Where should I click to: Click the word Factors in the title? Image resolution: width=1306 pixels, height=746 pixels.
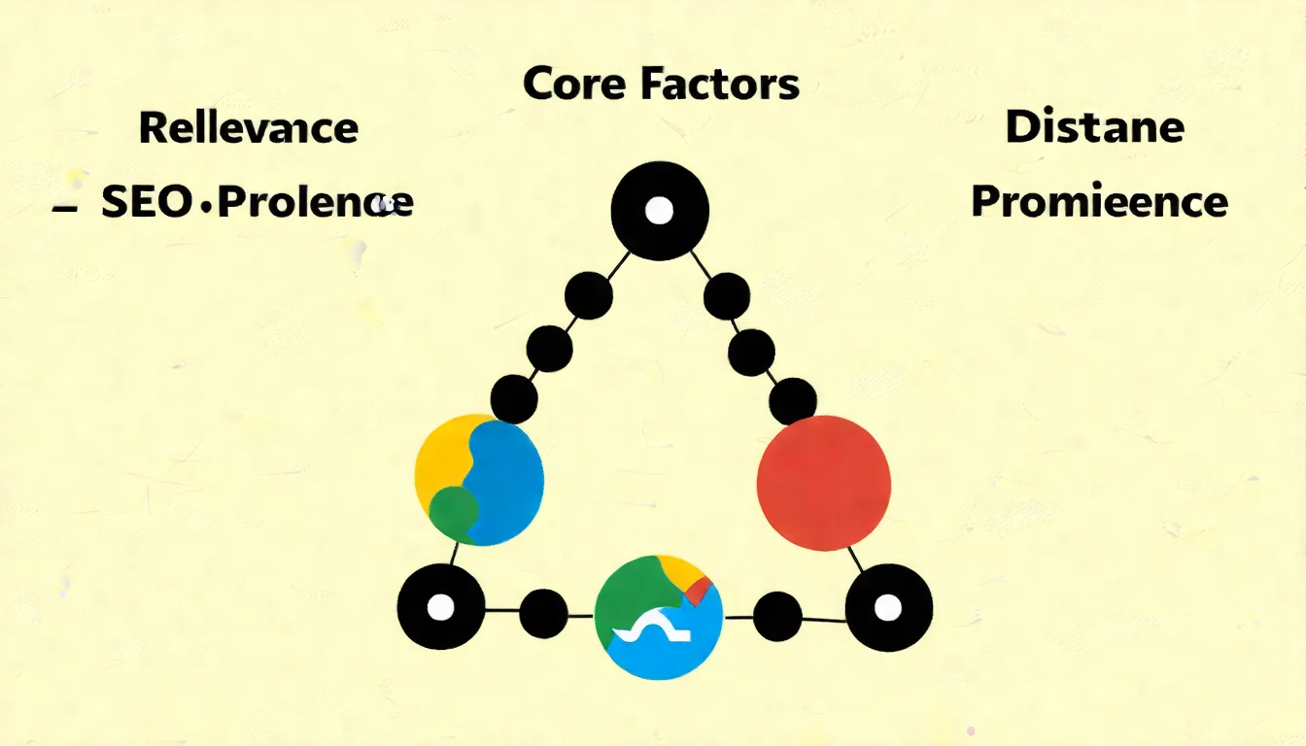(719, 85)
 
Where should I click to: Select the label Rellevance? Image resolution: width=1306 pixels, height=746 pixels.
(249, 128)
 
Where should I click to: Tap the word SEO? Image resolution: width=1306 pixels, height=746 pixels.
(146, 202)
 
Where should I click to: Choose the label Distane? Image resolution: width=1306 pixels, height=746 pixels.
(1094, 127)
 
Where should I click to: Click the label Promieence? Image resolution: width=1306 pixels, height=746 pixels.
(1099, 202)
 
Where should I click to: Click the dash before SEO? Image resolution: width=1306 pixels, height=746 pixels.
(65, 207)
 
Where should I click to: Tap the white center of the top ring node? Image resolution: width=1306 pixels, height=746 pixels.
(659, 210)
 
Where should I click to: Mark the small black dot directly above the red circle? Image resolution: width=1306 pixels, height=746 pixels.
(793, 400)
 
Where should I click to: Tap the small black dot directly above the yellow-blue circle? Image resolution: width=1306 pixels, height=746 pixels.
(514, 398)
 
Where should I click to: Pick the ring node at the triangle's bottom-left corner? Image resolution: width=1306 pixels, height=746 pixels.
(441, 607)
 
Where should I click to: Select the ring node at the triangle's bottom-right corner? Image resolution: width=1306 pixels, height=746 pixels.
(888, 608)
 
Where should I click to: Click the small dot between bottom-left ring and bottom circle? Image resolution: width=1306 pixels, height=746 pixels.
(543, 613)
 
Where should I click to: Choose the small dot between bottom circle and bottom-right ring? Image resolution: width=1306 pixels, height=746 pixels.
(777, 615)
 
